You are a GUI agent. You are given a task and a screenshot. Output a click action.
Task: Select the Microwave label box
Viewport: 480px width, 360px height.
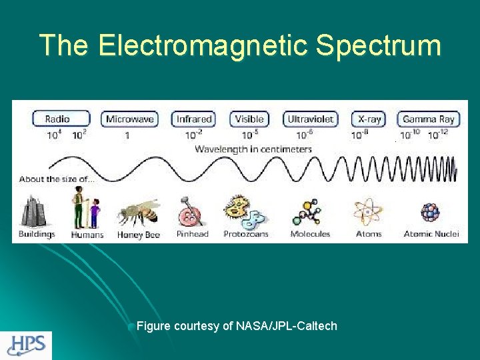tap(131, 119)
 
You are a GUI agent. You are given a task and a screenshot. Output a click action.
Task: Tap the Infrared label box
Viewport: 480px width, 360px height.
tap(194, 119)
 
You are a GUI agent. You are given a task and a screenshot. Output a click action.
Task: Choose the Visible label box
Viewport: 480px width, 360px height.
tap(249, 119)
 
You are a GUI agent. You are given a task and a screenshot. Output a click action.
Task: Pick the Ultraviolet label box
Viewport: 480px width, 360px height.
tap(311, 119)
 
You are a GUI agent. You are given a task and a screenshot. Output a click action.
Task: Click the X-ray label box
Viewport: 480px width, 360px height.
tap(369, 119)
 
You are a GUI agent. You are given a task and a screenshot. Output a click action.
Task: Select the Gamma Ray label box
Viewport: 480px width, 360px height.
tap(429, 119)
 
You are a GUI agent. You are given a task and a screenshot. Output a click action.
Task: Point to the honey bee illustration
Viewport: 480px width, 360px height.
tap(139, 213)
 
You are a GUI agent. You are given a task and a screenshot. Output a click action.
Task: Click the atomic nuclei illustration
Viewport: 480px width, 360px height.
tap(430, 212)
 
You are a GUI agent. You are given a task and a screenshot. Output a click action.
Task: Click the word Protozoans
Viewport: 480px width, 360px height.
tap(246, 234)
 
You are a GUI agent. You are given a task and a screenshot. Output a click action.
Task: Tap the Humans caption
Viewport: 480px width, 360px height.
tap(87, 235)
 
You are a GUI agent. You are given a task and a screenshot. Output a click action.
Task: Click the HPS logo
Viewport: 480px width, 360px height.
tap(27, 345)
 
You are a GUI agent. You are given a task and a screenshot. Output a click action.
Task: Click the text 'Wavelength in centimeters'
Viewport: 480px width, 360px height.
tap(253, 149)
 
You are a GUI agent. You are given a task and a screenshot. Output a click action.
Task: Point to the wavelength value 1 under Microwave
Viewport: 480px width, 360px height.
tap(127, 135)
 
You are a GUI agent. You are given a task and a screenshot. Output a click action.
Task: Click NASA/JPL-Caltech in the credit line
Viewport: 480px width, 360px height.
tap(287, 326)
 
